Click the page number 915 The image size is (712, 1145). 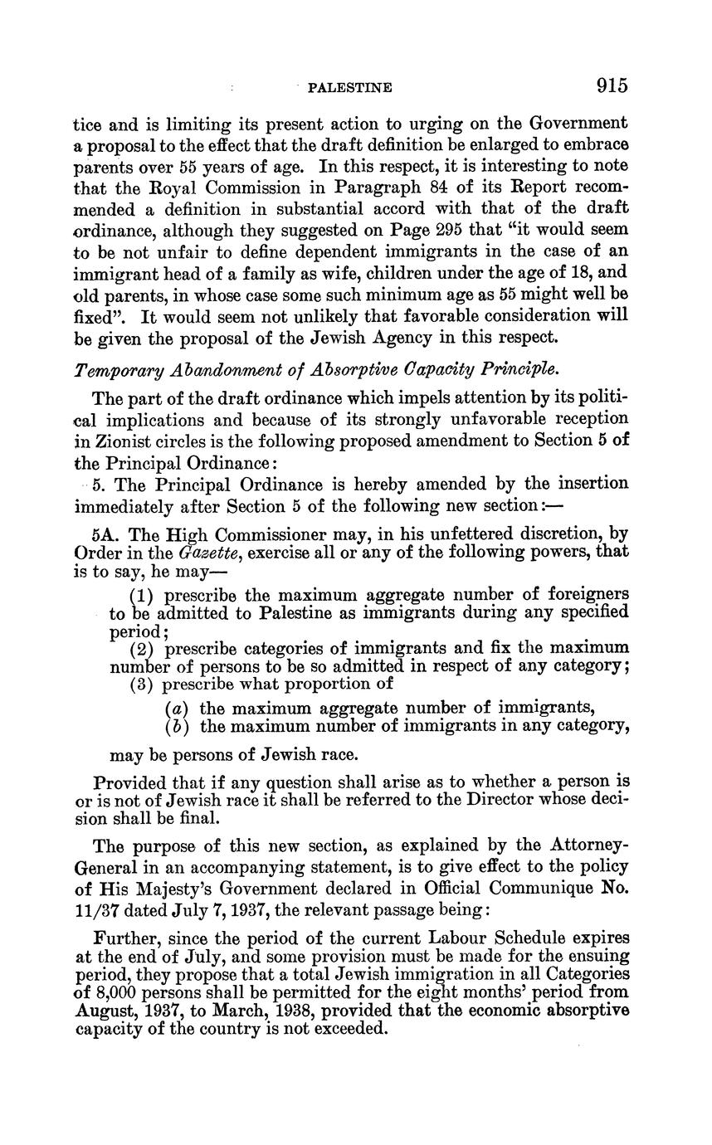[x=611, y=85]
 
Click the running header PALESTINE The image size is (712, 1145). [x=349, y=87]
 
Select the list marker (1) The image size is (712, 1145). [x=145, y=596]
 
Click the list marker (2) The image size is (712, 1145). [x=145, y=647]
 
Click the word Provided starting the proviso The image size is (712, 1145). [x=133, y=782]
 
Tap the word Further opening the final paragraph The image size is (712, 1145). [x=125, y=938]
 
